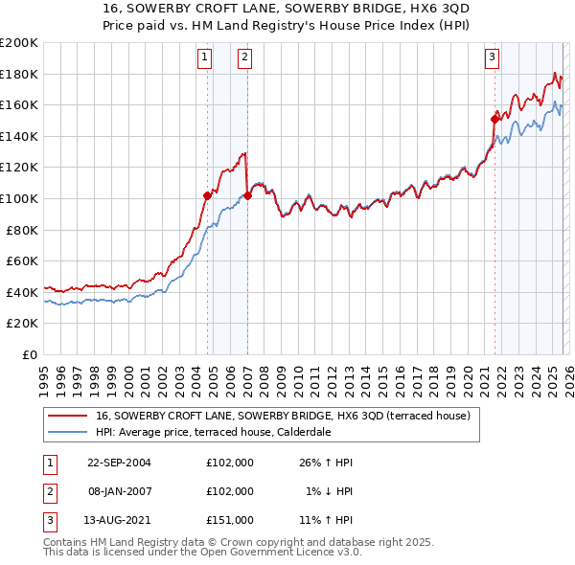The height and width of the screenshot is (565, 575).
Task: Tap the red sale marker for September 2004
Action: (207, 195)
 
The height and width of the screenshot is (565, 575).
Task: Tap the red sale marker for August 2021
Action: (495, 119)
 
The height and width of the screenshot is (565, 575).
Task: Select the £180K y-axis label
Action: (19, 74)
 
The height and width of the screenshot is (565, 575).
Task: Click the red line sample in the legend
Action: (68, 417)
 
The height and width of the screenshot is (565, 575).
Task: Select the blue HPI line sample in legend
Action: (68, 432)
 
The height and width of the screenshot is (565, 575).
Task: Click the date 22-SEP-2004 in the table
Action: (119, 463)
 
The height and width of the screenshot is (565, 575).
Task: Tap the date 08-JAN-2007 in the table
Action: (119, 491)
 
